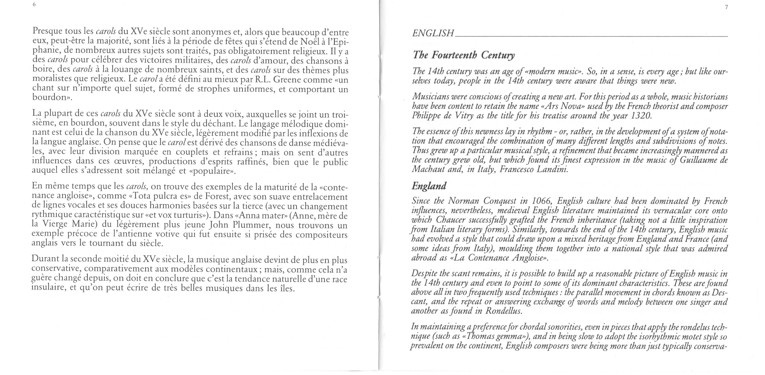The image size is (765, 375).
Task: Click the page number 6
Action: pyautogui.click(x=35, y=5)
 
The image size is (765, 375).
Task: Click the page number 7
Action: pyautogui.click(x=726, y=7)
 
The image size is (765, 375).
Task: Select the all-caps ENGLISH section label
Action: pyautogui.click(x=433, y=33)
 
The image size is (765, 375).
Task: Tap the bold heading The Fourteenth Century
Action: pyautogui.click(x=463, y=55)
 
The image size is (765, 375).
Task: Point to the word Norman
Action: pyautogui.click(x=463, y=201)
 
